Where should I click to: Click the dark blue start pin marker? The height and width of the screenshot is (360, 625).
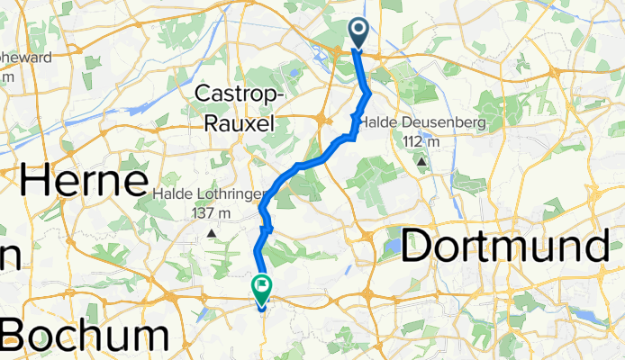coord(358,34)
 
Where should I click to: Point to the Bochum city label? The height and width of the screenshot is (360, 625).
coord(84,337)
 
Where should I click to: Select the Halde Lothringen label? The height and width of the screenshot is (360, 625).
coord(210,194)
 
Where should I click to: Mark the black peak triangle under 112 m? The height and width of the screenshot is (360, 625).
coord(421,162)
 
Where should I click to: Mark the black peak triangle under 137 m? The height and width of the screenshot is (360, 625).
coord(212,233)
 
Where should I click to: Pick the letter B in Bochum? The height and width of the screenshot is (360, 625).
coord(16,337)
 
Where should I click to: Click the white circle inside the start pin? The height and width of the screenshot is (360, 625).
coord(358,30)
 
